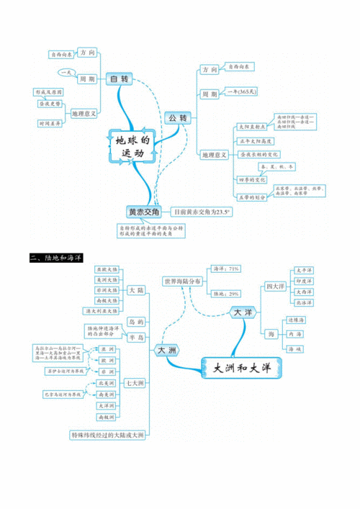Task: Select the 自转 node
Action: point(117,78)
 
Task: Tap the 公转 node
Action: point(178,117)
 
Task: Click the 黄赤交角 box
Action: point(144,212)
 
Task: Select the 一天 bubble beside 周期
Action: point(66,72)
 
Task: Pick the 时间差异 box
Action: point(49,124)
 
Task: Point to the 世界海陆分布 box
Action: point(182,281)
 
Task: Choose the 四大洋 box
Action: point(274,286)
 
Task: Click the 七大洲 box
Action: point(132,382)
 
